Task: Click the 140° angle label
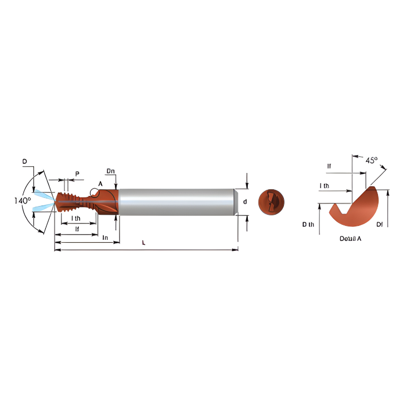[23, 200]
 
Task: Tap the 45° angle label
[371, 160]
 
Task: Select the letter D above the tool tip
[24, 161]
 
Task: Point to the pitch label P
[77, 174]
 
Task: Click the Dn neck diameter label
[110, 170]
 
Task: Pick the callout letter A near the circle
[100, 184]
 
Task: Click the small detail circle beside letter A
[94, 192]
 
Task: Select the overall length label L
[143, 243]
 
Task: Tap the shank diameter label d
[245, 202]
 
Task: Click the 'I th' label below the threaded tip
[75, 218]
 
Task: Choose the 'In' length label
[105, 238]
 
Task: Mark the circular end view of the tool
[271, 201]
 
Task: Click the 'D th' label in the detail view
[308, 224]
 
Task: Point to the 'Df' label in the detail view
[379, 224]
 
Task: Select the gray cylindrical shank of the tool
[176, 201]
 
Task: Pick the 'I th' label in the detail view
[324, 186]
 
